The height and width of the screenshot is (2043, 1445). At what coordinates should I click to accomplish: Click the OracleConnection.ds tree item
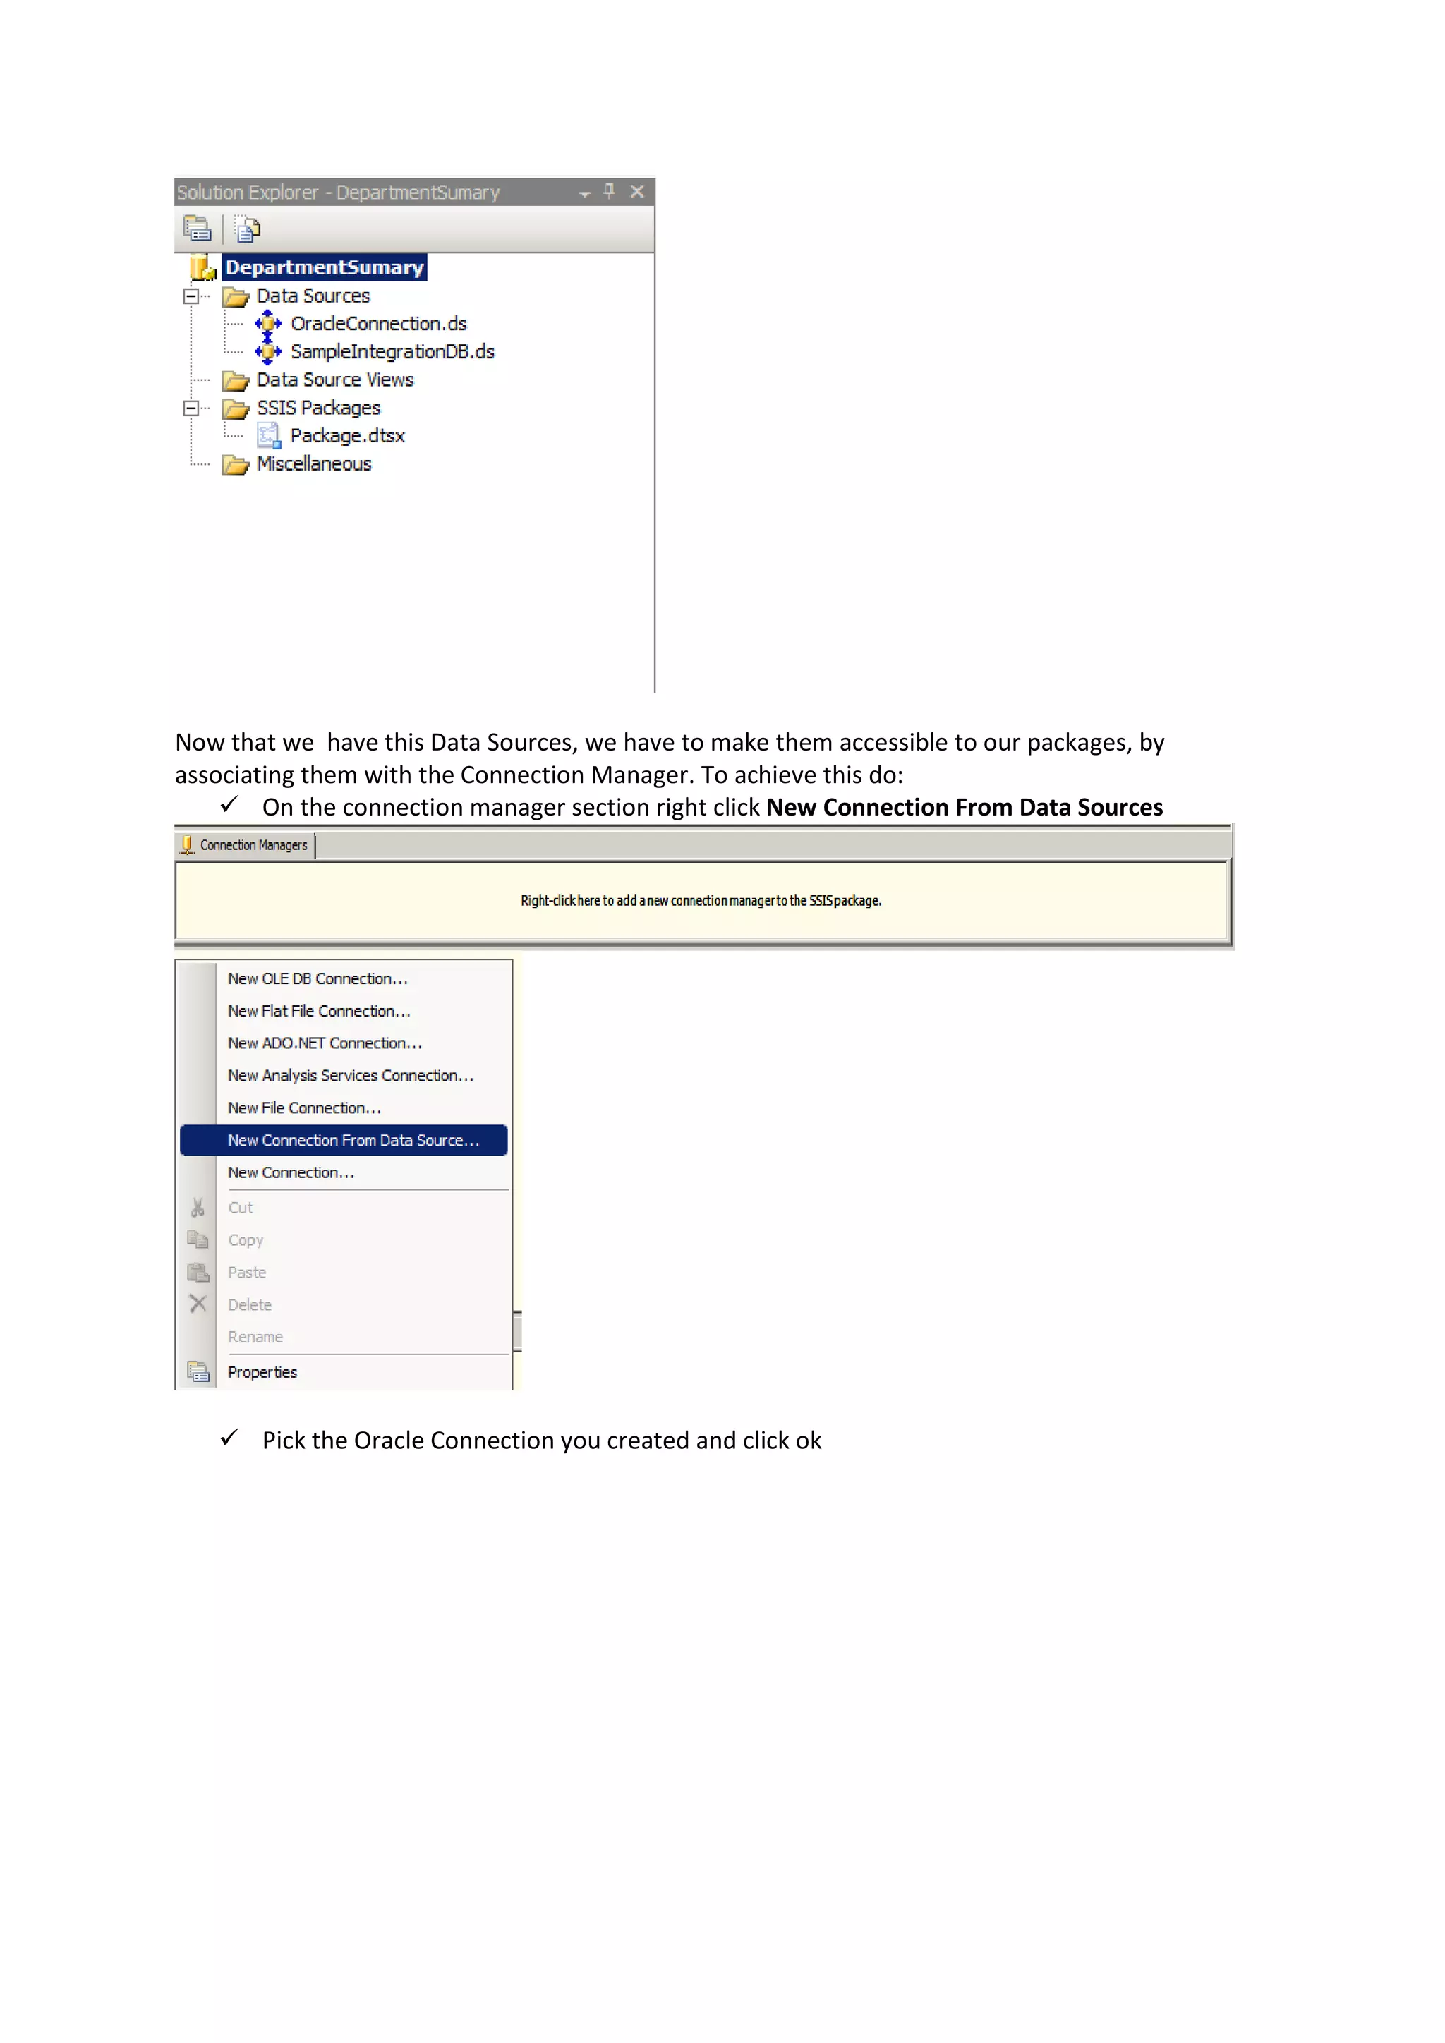pos(377,324)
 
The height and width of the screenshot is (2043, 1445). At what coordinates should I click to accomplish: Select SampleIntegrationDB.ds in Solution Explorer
pos(392,352)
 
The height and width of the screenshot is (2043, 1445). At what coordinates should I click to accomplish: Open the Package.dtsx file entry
pos(347,436)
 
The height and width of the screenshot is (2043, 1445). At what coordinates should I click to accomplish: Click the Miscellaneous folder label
pos(313,464)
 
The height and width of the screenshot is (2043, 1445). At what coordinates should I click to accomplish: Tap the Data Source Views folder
pos(334,380)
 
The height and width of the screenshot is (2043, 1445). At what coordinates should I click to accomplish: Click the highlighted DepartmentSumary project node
pos(324,268)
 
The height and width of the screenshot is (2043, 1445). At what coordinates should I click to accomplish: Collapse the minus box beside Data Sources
pos(191,296)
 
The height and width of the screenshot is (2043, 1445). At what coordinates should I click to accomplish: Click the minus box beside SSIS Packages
pos(191,408)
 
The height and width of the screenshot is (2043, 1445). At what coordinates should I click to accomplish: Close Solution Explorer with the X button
pos(637,191)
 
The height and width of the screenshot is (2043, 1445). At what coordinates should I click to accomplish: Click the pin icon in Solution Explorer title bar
pos(610,191)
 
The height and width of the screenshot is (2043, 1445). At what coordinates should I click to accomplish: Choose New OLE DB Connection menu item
pos(318,978)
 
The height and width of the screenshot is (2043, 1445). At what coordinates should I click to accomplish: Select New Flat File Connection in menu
pos(318,1012)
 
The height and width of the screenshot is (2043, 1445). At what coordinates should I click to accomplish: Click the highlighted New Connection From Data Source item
pos(352,1141)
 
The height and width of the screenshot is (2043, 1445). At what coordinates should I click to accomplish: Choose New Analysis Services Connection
pos(351,1076)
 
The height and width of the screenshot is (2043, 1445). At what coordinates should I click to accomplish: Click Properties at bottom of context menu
pos(262,1373)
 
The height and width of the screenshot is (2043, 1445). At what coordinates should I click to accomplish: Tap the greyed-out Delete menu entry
pos(250,1305)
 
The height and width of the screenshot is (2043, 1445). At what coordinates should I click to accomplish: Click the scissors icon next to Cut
pos(198,1208)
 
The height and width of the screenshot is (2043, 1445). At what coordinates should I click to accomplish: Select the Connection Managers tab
pos(246,845)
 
